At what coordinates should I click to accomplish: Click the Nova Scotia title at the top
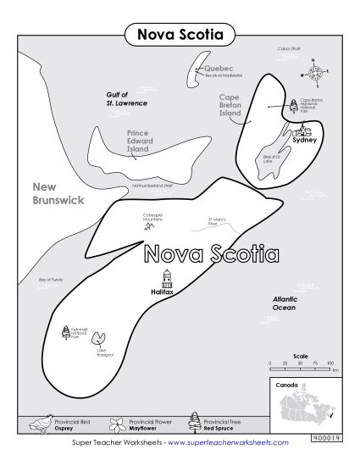click(x=180, y=36)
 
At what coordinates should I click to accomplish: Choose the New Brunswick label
click(x=58, y=193)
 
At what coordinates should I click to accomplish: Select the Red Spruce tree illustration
click(x=194, y=421)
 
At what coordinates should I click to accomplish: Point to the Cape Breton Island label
click(x=230, y=105)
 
